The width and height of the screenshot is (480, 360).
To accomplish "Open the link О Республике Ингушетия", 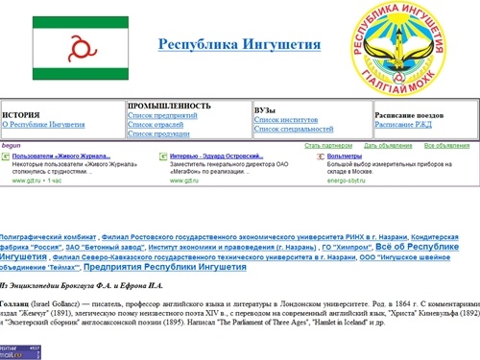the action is pos(43,124).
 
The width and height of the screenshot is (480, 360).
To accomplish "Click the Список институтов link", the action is pos(287,119).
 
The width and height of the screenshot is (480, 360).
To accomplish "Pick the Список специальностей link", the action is pos(294,129).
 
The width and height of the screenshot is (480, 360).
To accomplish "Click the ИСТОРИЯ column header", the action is pos(21,114).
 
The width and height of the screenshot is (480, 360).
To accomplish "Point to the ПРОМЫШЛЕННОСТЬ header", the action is pos(169,106).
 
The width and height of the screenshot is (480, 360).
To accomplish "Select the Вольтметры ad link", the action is pos(345,156).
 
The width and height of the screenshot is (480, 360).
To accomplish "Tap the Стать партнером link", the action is pos(326,146).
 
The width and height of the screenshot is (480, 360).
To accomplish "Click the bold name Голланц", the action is pos(13,303).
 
